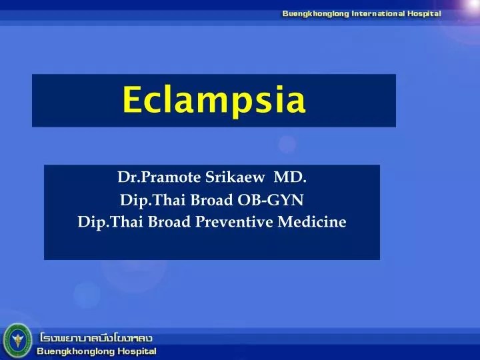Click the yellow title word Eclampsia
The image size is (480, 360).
click(214, 101)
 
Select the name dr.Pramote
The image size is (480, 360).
click(153, 177)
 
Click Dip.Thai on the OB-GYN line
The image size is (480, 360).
click(147, 199)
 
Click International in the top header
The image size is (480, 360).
click(375, 13)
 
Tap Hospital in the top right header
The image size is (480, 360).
click(421, 13)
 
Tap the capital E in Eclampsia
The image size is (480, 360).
click(131, 101)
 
